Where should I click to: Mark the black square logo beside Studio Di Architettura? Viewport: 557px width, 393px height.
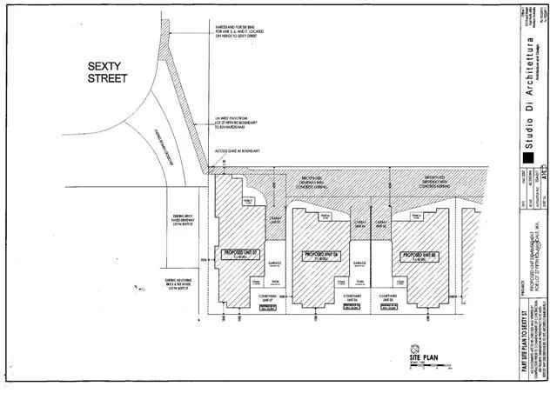point(527,158)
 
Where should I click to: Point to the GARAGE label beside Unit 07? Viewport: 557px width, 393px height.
point(273,261)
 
